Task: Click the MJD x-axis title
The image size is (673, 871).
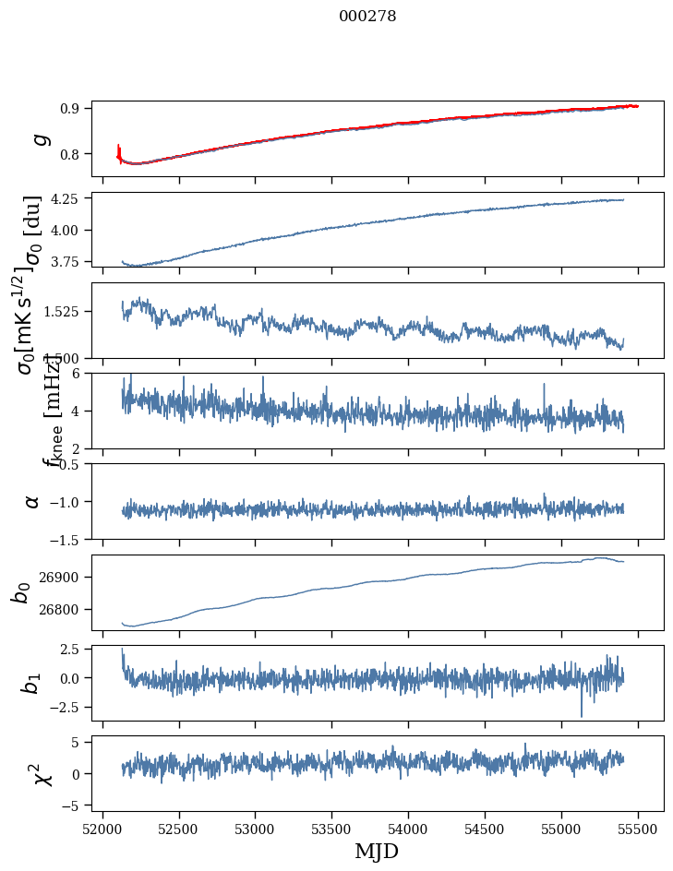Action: (x=377, y=851)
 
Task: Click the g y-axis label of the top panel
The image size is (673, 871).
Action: (x=39, y=138)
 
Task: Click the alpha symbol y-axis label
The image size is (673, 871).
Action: (x=32, y=501)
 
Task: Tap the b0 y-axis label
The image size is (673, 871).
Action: (x=22, y=591)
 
